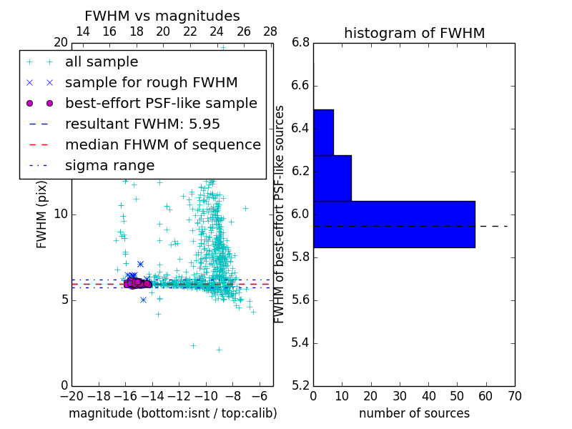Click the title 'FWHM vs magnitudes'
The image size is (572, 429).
click(162, 16)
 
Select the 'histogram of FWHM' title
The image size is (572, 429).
click(414, 33)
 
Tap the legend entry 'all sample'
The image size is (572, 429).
click(102, 62)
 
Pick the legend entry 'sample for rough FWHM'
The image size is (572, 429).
click(151, 82)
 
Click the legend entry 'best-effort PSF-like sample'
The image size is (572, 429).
click(161, 103)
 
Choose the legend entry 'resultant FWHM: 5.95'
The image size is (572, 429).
click(142, 124)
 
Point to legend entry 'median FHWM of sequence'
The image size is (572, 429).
click(163, 144)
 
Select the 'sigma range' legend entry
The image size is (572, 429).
click(109, 165)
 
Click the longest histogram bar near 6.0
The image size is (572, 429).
click(394, 224)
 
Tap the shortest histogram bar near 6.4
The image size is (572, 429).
click(323, 132)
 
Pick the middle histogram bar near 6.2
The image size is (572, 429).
click(332, 178)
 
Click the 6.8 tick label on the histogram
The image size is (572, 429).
click(300, 43)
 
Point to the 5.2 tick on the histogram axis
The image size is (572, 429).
click(300, 385)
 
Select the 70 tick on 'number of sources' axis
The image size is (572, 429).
click(515, 395)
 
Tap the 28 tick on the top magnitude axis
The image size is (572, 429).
click(270, 31)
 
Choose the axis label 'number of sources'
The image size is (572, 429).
click(414, 413)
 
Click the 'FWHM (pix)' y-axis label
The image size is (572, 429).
click(42, 214)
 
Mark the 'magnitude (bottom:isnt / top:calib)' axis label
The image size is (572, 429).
click(172, 413)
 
